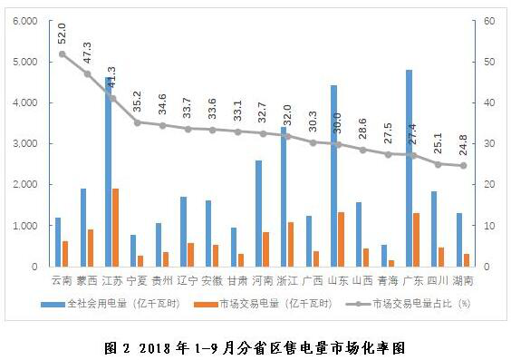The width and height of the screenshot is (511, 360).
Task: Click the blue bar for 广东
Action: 409,169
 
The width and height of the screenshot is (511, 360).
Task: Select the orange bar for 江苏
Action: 115,228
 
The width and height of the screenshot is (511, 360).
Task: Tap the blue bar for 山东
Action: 333,176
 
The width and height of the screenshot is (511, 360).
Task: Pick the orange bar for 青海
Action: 391,264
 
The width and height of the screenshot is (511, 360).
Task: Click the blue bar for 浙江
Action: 284,197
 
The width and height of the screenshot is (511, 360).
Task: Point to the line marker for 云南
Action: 63,54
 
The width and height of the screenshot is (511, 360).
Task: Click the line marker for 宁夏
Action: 138,122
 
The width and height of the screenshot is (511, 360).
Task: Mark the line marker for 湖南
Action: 463,165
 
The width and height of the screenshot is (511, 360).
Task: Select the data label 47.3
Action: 87,53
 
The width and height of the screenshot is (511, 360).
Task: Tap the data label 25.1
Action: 439,143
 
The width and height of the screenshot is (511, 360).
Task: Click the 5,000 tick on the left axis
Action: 25,62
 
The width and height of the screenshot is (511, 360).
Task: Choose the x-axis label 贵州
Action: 162,281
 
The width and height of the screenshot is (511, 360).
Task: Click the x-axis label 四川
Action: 438,281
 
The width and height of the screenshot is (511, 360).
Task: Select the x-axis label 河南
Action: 263,281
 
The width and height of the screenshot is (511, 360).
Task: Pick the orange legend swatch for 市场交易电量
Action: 206,305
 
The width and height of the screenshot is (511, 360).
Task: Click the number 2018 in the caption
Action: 155,348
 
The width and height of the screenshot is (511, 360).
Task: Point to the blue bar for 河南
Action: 258,214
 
